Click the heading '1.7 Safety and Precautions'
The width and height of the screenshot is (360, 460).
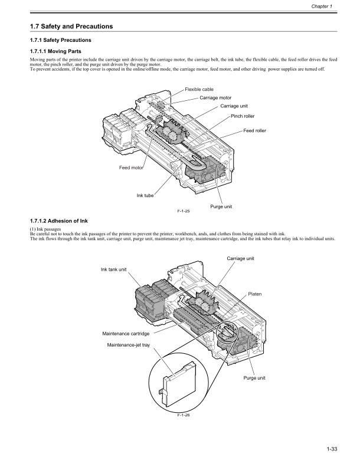click(71, 27)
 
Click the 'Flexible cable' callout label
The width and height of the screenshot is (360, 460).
click(199, 90)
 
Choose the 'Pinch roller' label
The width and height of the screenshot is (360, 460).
click(243, 116)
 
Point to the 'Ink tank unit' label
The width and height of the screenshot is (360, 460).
click(114, 270)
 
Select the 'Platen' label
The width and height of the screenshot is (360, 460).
click(255, 293)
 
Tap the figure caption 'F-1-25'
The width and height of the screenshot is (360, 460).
click(183, 211)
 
